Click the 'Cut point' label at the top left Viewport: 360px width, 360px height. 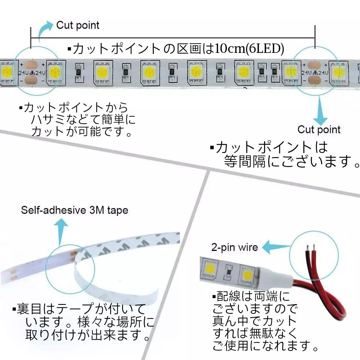pos(78,25)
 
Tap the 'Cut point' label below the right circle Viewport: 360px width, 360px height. pos(319,130)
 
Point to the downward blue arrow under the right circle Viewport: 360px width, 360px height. pos(319,111)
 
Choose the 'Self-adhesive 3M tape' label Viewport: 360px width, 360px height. pos(74,210)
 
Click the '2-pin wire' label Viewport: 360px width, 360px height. pos(235,247)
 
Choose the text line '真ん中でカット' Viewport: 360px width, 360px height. pos(255,321)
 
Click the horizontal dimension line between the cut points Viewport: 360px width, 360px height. pos(172,37)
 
